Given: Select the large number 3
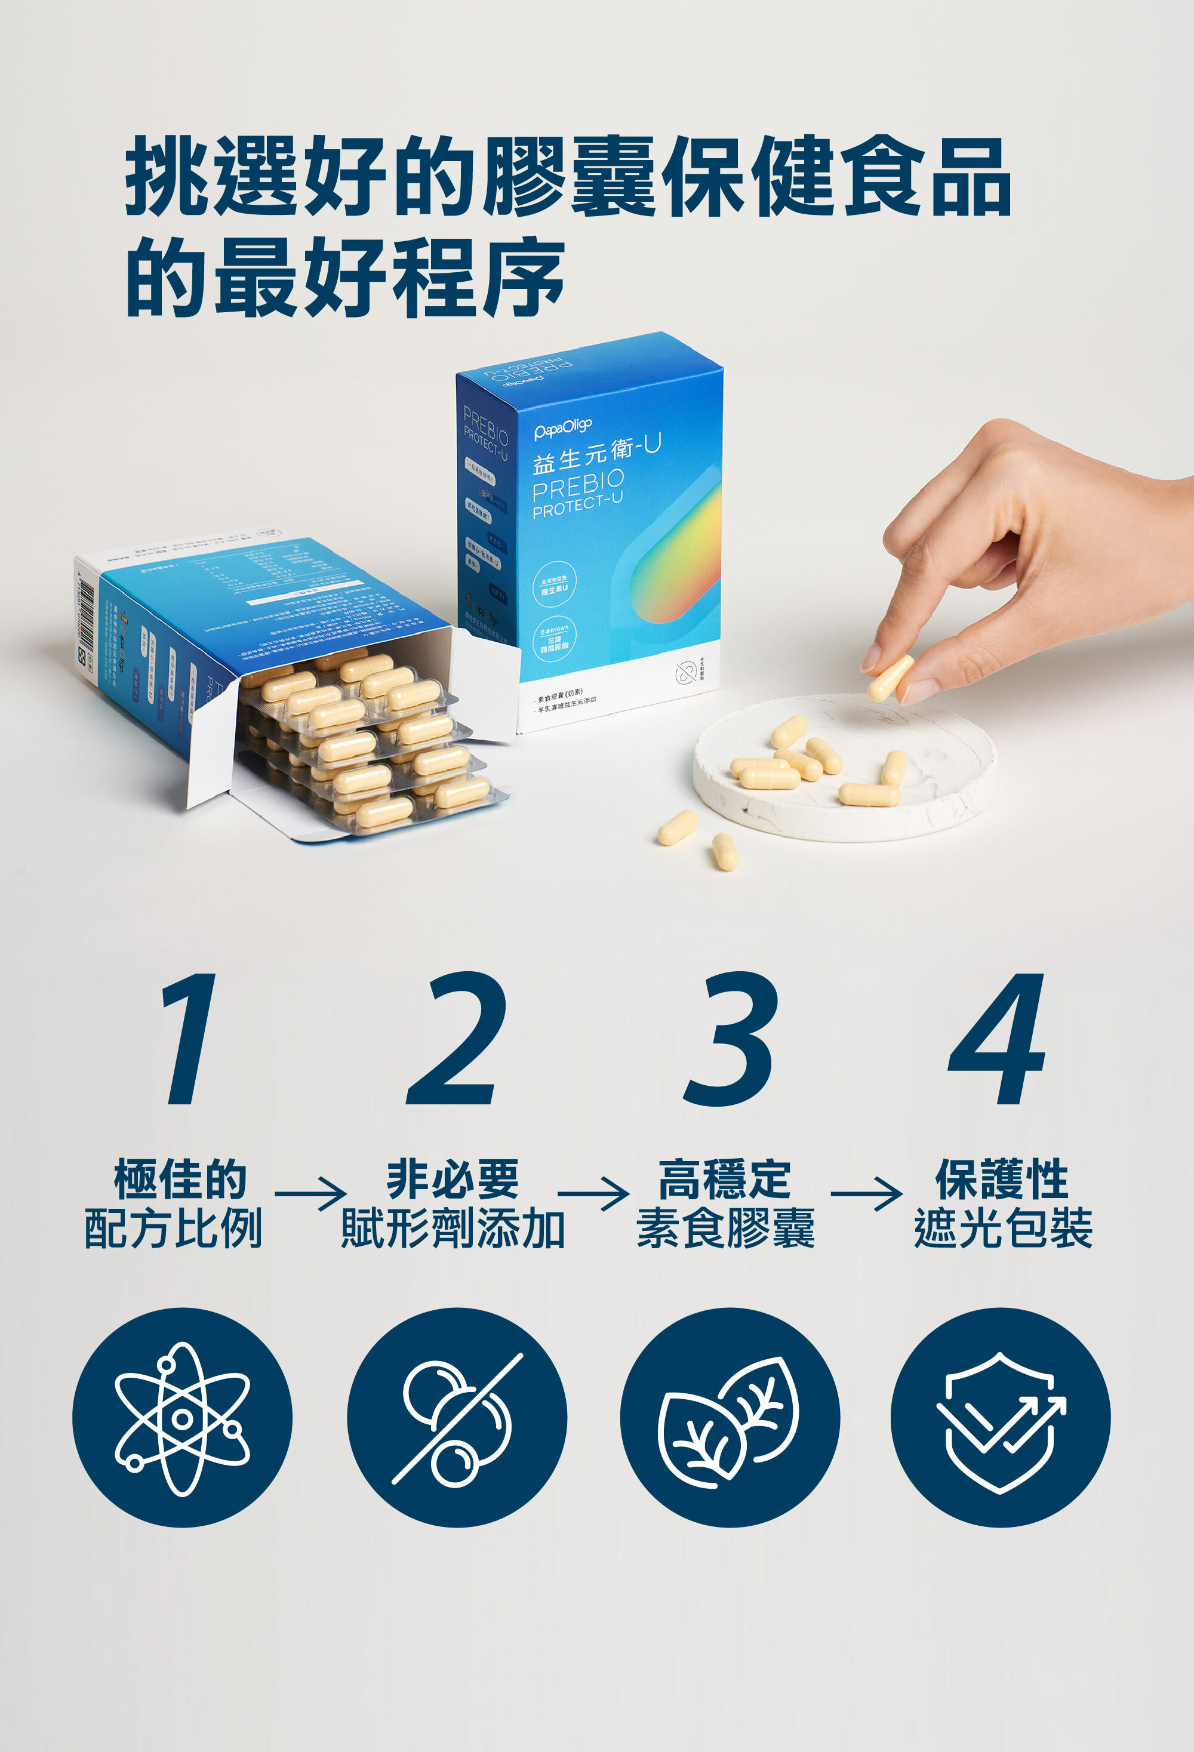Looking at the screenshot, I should pyautogui.click(x=729, y=1039).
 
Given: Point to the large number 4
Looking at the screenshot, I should pyautogui.click(x=999, y=1039).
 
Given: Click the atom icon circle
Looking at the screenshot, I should pyautogui.click(x=181, y=1418).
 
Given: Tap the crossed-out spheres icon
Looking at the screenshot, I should pyautogui.click(x=456, y=1418).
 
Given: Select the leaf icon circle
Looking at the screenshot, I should pyautogui.click(x=729, y=1418).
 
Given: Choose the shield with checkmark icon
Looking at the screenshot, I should pyautogui.click(x=1001, y=1418).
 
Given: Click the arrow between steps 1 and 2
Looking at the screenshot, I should pyautogui.click(x=310, y=1193).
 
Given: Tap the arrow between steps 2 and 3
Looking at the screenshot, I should pyautogui.click(x=593, y=1193).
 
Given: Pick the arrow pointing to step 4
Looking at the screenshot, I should pyautogui.click(x=866, y=1193).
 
